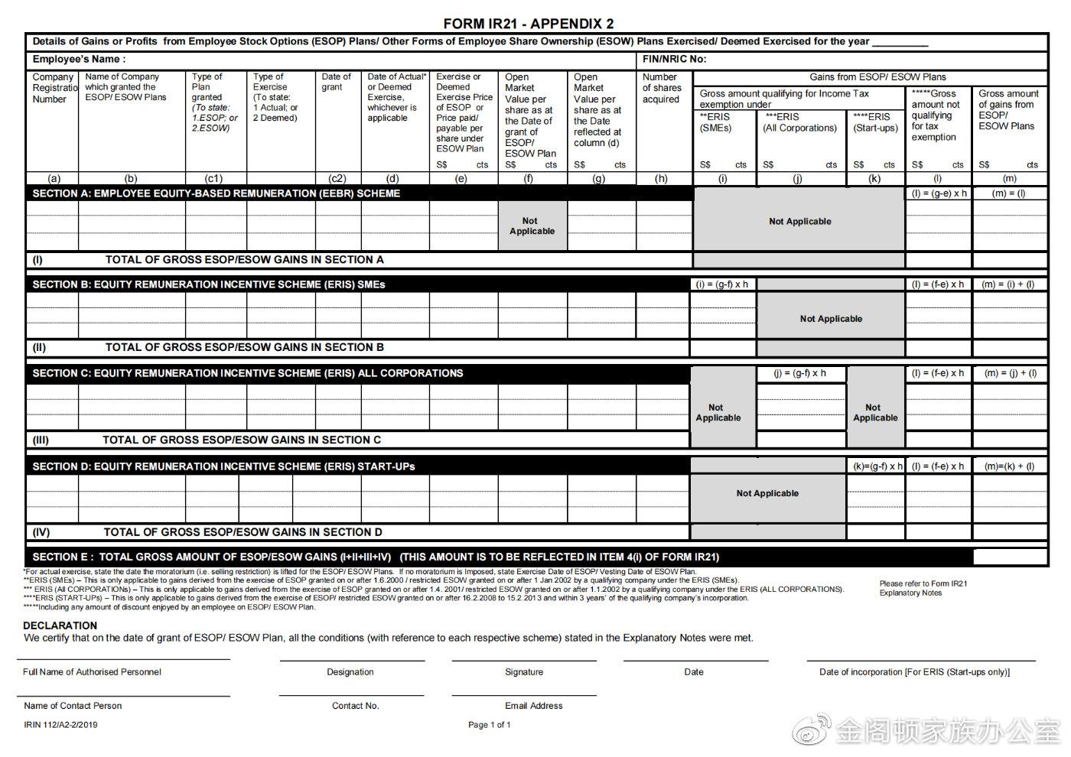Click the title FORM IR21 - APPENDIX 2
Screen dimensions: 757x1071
tap(528, 24)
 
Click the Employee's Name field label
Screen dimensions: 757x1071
tap(79, 59)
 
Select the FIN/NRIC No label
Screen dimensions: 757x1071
tap(674, 59)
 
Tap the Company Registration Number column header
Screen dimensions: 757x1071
tap(53, 88)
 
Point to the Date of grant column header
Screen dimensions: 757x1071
tap(337, 82)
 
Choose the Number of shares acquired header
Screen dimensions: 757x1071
tap(662, 88)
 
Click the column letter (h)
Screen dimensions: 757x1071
tap(662, 179)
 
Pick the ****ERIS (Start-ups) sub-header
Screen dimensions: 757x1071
tap(875, 122)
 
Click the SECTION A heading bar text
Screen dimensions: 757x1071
tap(216, 194)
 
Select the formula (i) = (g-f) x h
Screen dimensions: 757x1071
tap(722, 284)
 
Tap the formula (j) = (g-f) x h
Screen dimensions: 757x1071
tap(799, 373)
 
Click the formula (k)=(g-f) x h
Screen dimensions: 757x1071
tap(877, 466)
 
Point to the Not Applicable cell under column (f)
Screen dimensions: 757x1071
tap(532, 226)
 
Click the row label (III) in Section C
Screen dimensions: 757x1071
tap(40, 440)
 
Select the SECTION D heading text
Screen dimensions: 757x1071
tap(224, 466)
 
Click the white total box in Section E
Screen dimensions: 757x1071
tap(1009, 557)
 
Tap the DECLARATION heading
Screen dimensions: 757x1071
tap(60, 625)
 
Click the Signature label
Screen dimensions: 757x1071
tap(524, 672)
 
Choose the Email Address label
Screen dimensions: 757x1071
tap(533, 706)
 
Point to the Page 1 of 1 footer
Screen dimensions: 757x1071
tap(490, 725)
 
